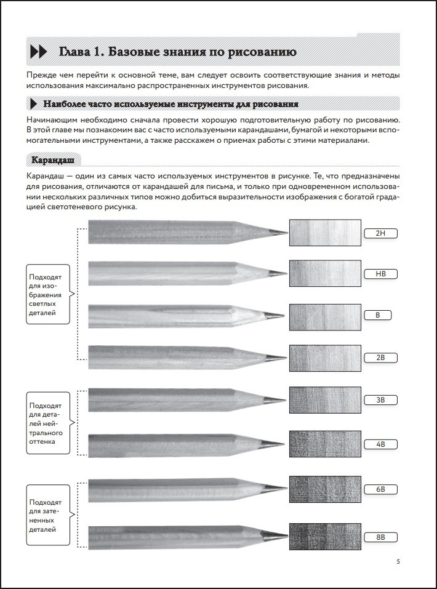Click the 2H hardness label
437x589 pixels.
(x=380, y=233)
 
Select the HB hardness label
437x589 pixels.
(x=380, y=274)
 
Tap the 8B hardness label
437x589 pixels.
(x=380, y=537)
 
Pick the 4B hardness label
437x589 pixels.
(x=380, y=444)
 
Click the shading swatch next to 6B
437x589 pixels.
(x=325, y=489)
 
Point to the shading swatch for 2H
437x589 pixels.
(x=325, y=233)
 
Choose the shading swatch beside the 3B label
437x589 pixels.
(x=325, y=400)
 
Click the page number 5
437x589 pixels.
(x=398, y=562)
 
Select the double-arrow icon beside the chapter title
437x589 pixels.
(x=38, y=52)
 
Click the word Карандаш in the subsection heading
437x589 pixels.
(x=52, y=160)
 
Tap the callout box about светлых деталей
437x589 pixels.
(x=48, y=294)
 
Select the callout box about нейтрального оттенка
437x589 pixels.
(x=48, y=423)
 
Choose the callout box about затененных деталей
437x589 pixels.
(x=48, y=515)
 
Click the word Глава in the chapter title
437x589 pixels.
(x=74, y=52)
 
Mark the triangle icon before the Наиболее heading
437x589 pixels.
(x=33, y=103)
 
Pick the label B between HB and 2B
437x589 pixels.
(x=378, y=315)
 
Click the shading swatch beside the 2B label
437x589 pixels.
(x=325, y=358)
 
